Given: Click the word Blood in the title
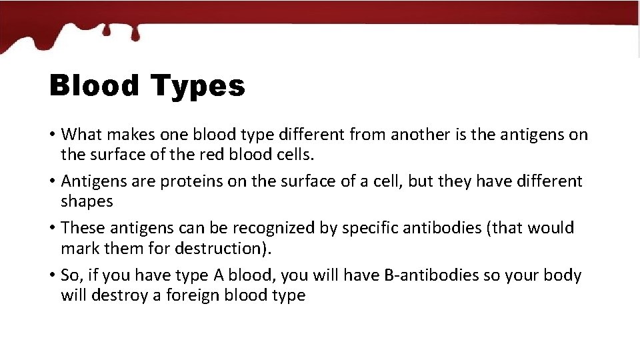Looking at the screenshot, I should click(94, 86).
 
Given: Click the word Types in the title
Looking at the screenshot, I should click(197, 87).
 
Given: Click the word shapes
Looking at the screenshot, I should click(87, 201).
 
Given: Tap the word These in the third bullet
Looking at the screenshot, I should click(83, 228).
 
